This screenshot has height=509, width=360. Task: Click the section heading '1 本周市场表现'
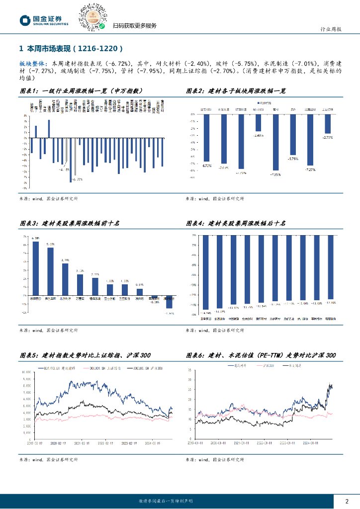pyautogui.click(x=70, y=49)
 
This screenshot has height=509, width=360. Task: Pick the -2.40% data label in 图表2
pyautogui.click(x=258, y=135)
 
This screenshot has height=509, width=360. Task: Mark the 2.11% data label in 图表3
pyautogui.click(x=95, y=274)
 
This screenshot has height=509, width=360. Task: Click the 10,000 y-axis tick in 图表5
pyautogui.click(x=25, y=372)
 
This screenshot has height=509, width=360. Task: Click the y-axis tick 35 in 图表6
pyautogui.click(x=190, y=370)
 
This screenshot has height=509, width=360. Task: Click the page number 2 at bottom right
pyautogui.click(x=347, y=501)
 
